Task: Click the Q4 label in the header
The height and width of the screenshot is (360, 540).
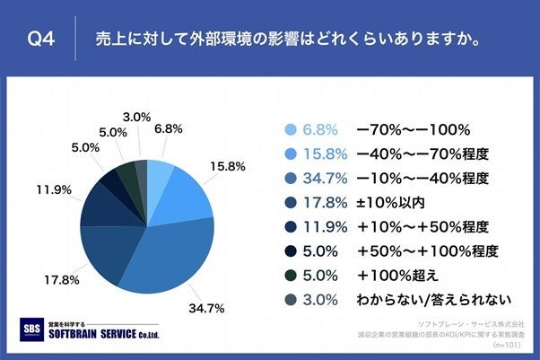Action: (x=43, y=40)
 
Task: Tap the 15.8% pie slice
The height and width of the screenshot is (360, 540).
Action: (x=184, y=193)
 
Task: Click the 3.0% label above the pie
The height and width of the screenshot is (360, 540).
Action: (x=135, y=117)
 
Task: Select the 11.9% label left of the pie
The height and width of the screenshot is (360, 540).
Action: (x=55, y=191)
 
